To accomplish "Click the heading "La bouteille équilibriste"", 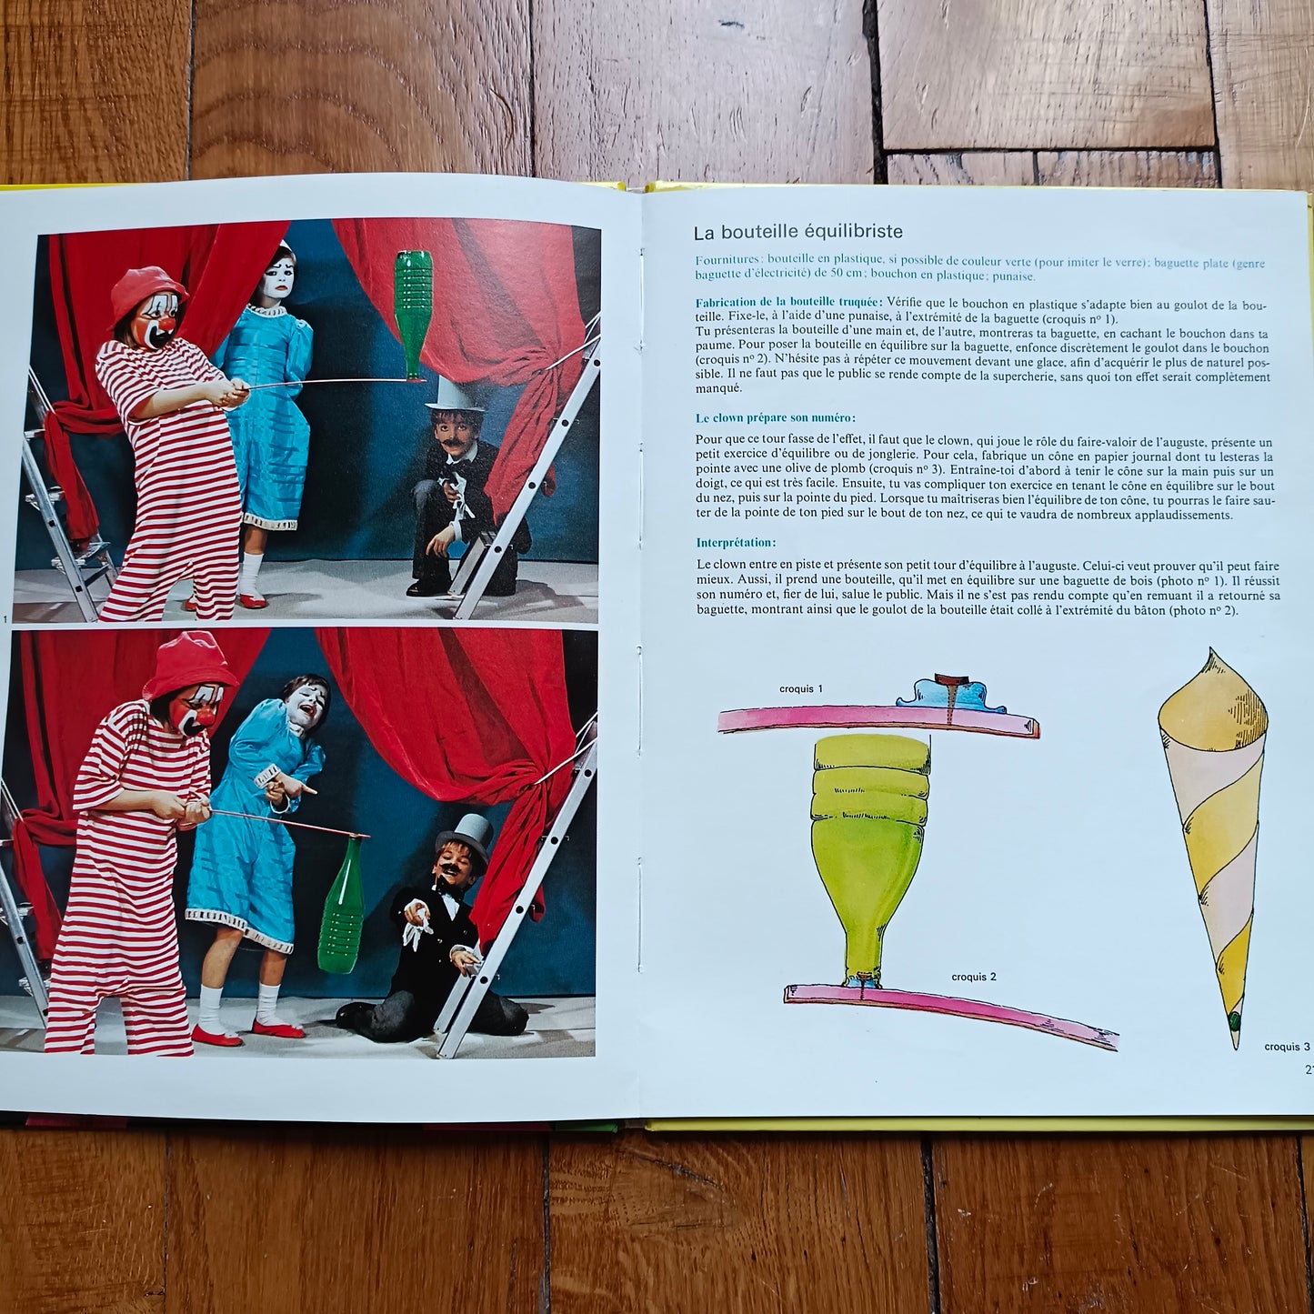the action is (797, 233).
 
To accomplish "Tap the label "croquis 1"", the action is (800, 688).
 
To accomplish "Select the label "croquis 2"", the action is (974, 977).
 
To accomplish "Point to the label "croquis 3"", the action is (1287, 1046).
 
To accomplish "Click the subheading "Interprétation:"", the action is (736, 543).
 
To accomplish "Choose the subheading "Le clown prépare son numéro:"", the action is (776, 418).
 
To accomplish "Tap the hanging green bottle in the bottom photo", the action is (342, 903).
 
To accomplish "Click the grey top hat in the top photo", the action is (452, 393).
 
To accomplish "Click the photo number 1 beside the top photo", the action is (5, 618).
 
